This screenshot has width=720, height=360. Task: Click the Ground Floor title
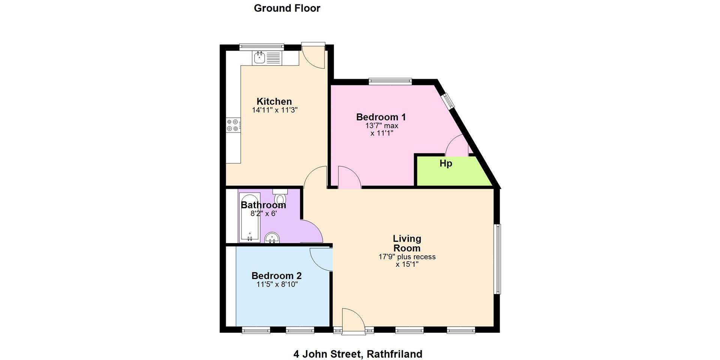pyautogui.click(x=287, y=8)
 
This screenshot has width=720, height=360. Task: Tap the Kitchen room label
pyautogui.click(x=274, y=101)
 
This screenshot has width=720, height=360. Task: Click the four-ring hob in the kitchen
pyautogui.click(x=233, y=125)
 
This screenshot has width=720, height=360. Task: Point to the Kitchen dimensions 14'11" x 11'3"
pyautogui.click(x=275, y=110)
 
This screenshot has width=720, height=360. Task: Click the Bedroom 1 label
pyautogui.click(x=381, y=117)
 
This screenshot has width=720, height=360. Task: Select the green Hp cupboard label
pyautogui.click(x=446, y=163)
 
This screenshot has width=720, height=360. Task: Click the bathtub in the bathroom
pyautogui.click(x=249, y=217)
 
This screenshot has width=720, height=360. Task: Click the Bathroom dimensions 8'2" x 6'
pyautogui.click(x=264, y=214)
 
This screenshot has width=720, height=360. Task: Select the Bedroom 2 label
pyautogui.click(x=276, y=276)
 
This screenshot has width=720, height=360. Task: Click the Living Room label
pyautogui.click(x=407, y=243)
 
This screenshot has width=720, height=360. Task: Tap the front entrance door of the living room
pyautogui.click(x=353, y=320)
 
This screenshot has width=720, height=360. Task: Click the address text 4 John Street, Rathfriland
pyautogui.click(x=358, y=354)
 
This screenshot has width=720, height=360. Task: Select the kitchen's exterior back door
pyautogui.click(x=313, y=55)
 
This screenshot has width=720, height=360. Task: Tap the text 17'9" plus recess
pyautogui.click(x=407, y=257)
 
